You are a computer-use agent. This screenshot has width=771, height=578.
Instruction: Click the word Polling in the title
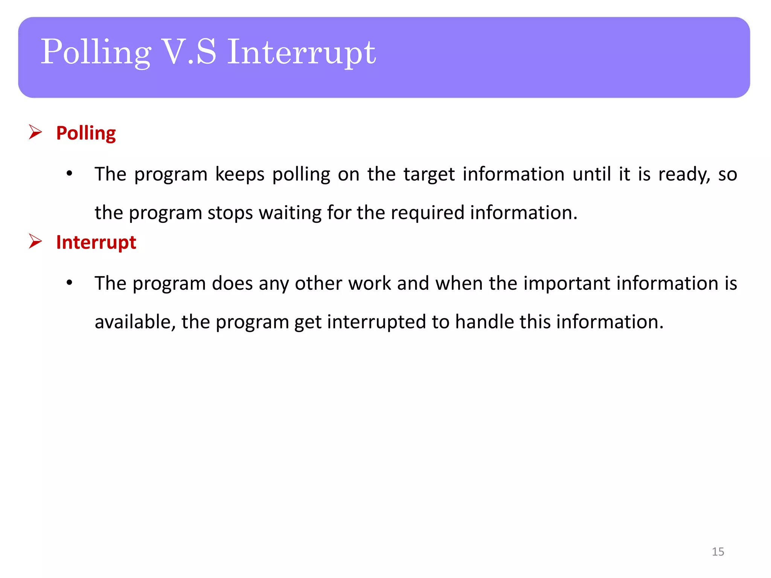coord(96,53)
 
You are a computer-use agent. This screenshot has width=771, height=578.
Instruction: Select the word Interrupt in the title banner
coord(301,53)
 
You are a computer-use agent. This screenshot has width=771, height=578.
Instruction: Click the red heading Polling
coord(86,133)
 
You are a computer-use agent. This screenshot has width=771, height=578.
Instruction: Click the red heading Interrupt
coord(96,242)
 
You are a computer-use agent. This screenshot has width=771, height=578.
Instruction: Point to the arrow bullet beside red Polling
coord(35,132)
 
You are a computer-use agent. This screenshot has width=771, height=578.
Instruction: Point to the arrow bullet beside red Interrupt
coord(35,242)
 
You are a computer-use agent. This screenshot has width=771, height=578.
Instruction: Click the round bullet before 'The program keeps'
coord(69,174)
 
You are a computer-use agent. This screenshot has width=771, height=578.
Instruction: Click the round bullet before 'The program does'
coord(69,283)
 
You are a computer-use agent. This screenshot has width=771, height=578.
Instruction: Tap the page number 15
coord(718,552)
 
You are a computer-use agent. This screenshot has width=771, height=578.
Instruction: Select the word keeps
coord(240,175)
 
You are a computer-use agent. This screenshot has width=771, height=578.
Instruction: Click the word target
coord(429,175)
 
